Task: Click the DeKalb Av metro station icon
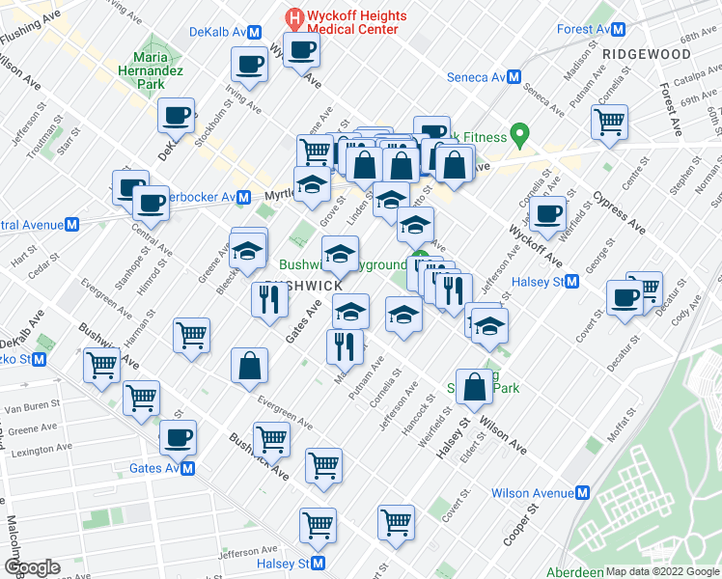click(x=254, y=32)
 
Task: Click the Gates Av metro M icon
click(x=187, y=468)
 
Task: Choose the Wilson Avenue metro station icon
click(x=582, y=493)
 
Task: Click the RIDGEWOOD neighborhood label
click(x=646, y=55)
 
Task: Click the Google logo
click(x=32, y=567)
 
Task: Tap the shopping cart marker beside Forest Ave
click(x=610, y=121)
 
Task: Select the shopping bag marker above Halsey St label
click(x=474, y=386)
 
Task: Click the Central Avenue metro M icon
click(x=71, y=226)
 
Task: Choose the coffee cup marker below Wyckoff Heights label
click(x=301, y=49)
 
